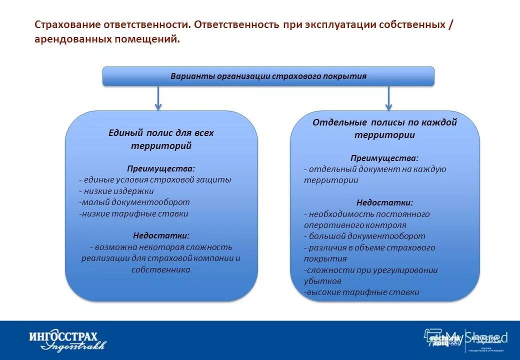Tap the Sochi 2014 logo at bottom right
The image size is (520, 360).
coord(439,339)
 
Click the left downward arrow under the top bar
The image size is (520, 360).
coord(158,98)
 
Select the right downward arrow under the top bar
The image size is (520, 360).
coord(388,98)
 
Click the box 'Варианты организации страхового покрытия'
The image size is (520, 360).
coord(268,76)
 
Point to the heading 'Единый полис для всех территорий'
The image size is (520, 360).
coord(161,139)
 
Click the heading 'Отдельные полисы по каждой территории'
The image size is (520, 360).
coord(384,128)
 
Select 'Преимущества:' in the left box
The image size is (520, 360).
coord(161,168)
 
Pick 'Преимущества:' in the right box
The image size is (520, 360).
coord(384,158)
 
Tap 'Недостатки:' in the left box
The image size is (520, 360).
coord(161,235)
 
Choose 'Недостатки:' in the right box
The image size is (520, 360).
coord(384,202)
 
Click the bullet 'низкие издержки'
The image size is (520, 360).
coord(116,191)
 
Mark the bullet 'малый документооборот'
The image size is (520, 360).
coord(134,202)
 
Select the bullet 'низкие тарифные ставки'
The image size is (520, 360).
coord(133,213)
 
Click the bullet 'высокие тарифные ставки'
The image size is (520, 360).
coord(361,292)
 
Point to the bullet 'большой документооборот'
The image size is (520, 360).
coord(364,236)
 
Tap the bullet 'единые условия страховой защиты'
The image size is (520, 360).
coord(155,179)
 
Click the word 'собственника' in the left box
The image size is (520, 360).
coord(161,269)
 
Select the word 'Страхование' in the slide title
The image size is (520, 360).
coord(66,25)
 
